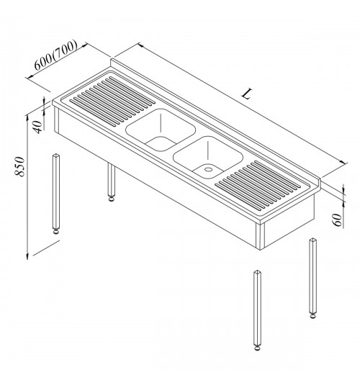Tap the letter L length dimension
click(x=248, y=94)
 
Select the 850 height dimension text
click(x=19, y=166)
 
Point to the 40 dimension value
click(x=37, y=127)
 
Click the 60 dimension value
click(x=337, y=220)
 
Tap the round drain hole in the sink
click(x=208, y=169)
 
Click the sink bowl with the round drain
click(x=208, y=158)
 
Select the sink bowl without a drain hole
click(x=161, y=130)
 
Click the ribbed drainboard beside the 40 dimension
click(x=113, y=100)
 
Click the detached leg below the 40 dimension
click(x=56, y=194)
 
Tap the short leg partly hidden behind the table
click(x=112, y=182)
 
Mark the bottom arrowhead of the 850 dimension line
click(x=27, y=256)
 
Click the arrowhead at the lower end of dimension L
click(x=343, y=163)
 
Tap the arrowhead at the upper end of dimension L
click(x=141, y=45)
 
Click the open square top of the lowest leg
click(x=257, y=272)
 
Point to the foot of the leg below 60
click(x=313, y=316)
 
